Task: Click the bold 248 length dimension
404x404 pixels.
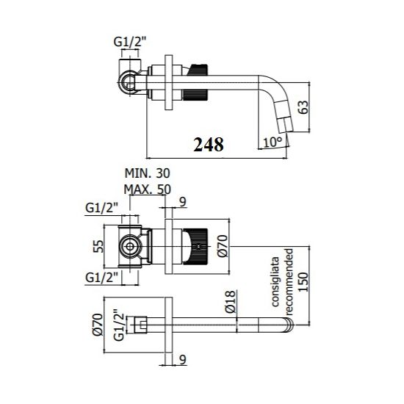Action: [209, 145]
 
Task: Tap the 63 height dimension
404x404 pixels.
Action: [303, 107]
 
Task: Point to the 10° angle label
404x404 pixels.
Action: [273, 142]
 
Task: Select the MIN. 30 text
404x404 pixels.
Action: [147, 173]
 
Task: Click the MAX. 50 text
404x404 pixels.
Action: [147, 190]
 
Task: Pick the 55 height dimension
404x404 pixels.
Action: [98, 246]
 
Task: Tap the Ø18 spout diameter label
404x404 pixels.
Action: [230, 301]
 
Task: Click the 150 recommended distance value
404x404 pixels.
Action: [303, 282]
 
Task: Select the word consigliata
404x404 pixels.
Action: [275, 281]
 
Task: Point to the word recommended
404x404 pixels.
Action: [289, 281]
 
